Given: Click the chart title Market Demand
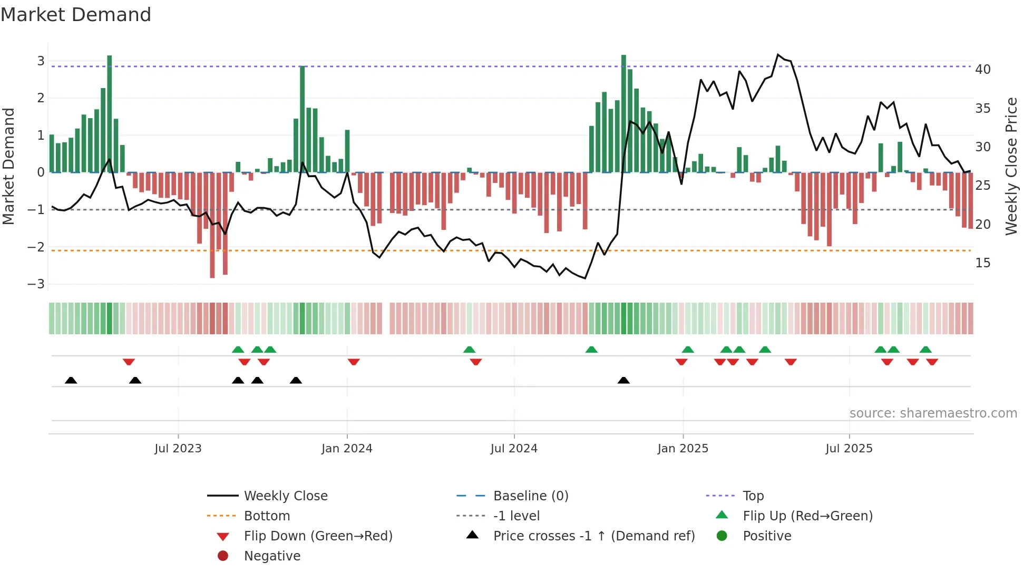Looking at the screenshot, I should (x=76, y=15).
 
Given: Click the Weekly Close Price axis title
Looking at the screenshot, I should (x=1011, y=166).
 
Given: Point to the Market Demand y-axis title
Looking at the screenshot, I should (x=8, y=166).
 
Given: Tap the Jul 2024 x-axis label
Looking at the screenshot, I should (x=514, y=449).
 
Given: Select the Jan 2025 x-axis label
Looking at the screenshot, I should (x=683, y=449).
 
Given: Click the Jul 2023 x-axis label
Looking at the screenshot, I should (x=178, y=449).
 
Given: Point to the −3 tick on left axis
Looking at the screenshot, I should (x=36, y=284).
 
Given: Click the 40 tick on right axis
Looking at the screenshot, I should (x=982, y=70).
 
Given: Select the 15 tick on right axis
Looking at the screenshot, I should (x=982, y=263).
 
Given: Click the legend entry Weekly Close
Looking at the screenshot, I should (x=285, y=496).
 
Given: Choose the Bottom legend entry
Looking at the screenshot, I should (x=267, y=516).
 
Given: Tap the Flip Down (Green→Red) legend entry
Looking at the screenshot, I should (x=318, y=536).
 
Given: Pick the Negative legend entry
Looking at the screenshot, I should (x=272, y=556).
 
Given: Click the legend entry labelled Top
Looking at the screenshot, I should (x=753, y=496).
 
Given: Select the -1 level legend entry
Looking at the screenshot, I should (x=516, y=516).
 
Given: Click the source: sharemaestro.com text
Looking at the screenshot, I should (x=933, y=413).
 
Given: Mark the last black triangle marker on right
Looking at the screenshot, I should (x=623, y=380).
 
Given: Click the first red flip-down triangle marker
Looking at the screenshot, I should (x=129, y=362).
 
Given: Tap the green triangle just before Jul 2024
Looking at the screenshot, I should (x=469, y=350).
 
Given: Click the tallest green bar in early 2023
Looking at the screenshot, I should (x=109, y=113).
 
